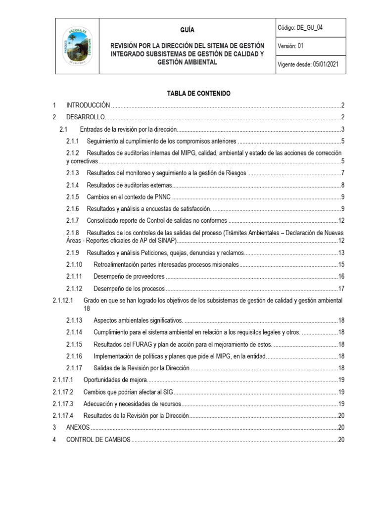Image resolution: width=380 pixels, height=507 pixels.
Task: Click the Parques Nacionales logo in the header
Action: (x=77, y=46)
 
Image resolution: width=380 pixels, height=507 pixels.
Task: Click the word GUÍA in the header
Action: (x=188, y=30)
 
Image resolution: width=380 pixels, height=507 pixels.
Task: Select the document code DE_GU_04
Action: (x=311, y=28)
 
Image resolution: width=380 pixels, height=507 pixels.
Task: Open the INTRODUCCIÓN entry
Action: (x=88, y=105)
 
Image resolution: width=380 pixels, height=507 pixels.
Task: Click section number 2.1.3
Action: (x=73, y=173)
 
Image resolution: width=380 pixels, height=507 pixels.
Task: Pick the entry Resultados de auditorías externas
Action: (x=129, y=185)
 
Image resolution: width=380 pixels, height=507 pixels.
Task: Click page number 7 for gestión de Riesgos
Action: (x=342, y=173)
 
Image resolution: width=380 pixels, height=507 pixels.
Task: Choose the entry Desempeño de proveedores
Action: (x=129, y=276)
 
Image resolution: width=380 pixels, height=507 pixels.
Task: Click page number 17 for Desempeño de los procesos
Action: (x=341, y=289)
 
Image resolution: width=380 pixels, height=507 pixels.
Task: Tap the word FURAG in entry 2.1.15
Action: (x=143, y=344)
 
